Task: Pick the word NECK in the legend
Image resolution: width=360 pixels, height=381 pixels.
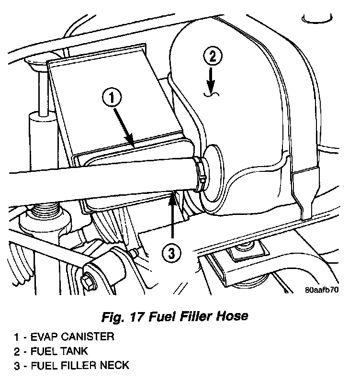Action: pyautogui.click(x=116, y=366)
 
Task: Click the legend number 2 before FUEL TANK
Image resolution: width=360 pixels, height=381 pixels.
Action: pyautogui.click(x=17, y=351)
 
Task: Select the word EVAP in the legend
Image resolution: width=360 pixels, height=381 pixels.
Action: pyautogui.click(x=44, y=336)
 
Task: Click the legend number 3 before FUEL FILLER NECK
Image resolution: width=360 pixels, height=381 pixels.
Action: pyautogui.click(x=17, y=366)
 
